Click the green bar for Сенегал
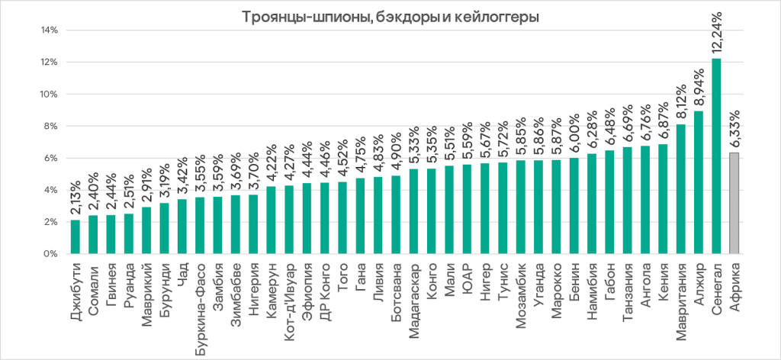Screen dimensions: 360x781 point(716,156)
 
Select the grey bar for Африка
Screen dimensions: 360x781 point(734,203)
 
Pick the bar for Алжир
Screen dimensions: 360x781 point(699,182)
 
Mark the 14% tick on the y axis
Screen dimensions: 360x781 point(50,31)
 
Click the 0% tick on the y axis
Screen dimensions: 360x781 point(52,254)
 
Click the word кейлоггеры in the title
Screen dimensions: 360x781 point(497,15)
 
